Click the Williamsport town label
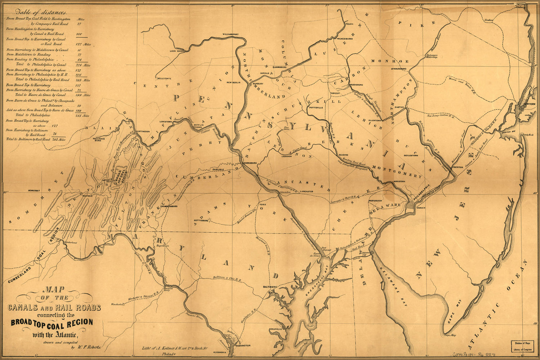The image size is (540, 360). (x=231, y=34)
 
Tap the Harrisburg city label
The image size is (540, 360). (x=250, y=163)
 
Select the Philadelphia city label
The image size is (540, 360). (x=422, y=190)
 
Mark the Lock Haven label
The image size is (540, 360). (x=177, y=51)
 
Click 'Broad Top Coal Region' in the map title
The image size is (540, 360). (x=52, y=323)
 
